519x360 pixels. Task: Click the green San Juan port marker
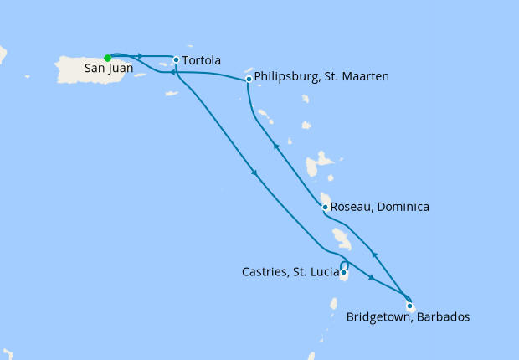(107, 58)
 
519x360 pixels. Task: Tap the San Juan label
(106, 72)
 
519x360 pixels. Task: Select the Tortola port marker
(176, 59)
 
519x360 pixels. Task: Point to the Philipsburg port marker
(249, 80)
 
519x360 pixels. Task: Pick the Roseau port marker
(324, 207)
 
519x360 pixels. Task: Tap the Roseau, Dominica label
(379, 207)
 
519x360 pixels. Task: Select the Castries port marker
(343, 272)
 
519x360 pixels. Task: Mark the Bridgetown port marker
(409, 306)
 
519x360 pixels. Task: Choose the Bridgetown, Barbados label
(408, 318)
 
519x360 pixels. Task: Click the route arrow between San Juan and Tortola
(137, 56)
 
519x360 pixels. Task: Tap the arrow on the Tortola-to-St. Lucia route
(254, 173)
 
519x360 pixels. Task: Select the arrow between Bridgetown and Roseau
(374, 254)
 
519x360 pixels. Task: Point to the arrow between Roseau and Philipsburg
(275, 147)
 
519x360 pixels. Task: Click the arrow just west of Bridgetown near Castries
(370, 276)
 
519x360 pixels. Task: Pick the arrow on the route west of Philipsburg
(172, 73)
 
